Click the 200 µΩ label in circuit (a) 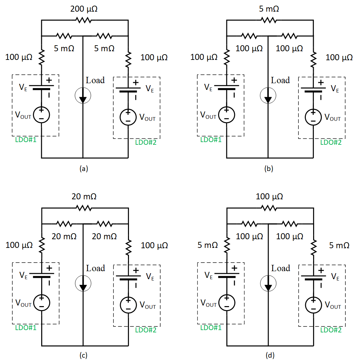[84, 9]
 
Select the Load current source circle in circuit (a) [82, 96]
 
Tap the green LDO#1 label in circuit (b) [210, 140]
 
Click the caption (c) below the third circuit [83, 356]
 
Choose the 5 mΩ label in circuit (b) [269, 9]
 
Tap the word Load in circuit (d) [281, 268]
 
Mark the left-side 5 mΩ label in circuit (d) [207, 245]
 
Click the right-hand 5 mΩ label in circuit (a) [104, 48]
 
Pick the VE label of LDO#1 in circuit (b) [208, 88]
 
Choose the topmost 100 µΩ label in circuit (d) [269, 197]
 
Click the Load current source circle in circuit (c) [82, 284]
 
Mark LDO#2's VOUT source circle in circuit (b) [313, 117]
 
